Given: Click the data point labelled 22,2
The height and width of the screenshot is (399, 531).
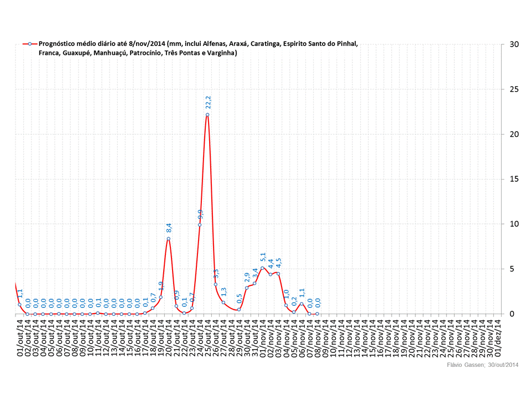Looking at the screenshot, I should [x=207, y=115].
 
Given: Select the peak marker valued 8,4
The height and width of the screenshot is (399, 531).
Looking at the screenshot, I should [x=168, y=239].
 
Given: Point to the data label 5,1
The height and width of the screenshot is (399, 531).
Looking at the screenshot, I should [x=263, y=257].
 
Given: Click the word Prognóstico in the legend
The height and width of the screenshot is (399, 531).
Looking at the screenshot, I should [x=59, y=43].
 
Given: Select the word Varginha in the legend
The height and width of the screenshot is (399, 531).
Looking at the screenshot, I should [x=220, y=53].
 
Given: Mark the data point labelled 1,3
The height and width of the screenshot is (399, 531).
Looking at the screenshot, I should [x=223, y=303].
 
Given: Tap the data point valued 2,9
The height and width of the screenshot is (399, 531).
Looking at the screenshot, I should [x=247, y=288].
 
